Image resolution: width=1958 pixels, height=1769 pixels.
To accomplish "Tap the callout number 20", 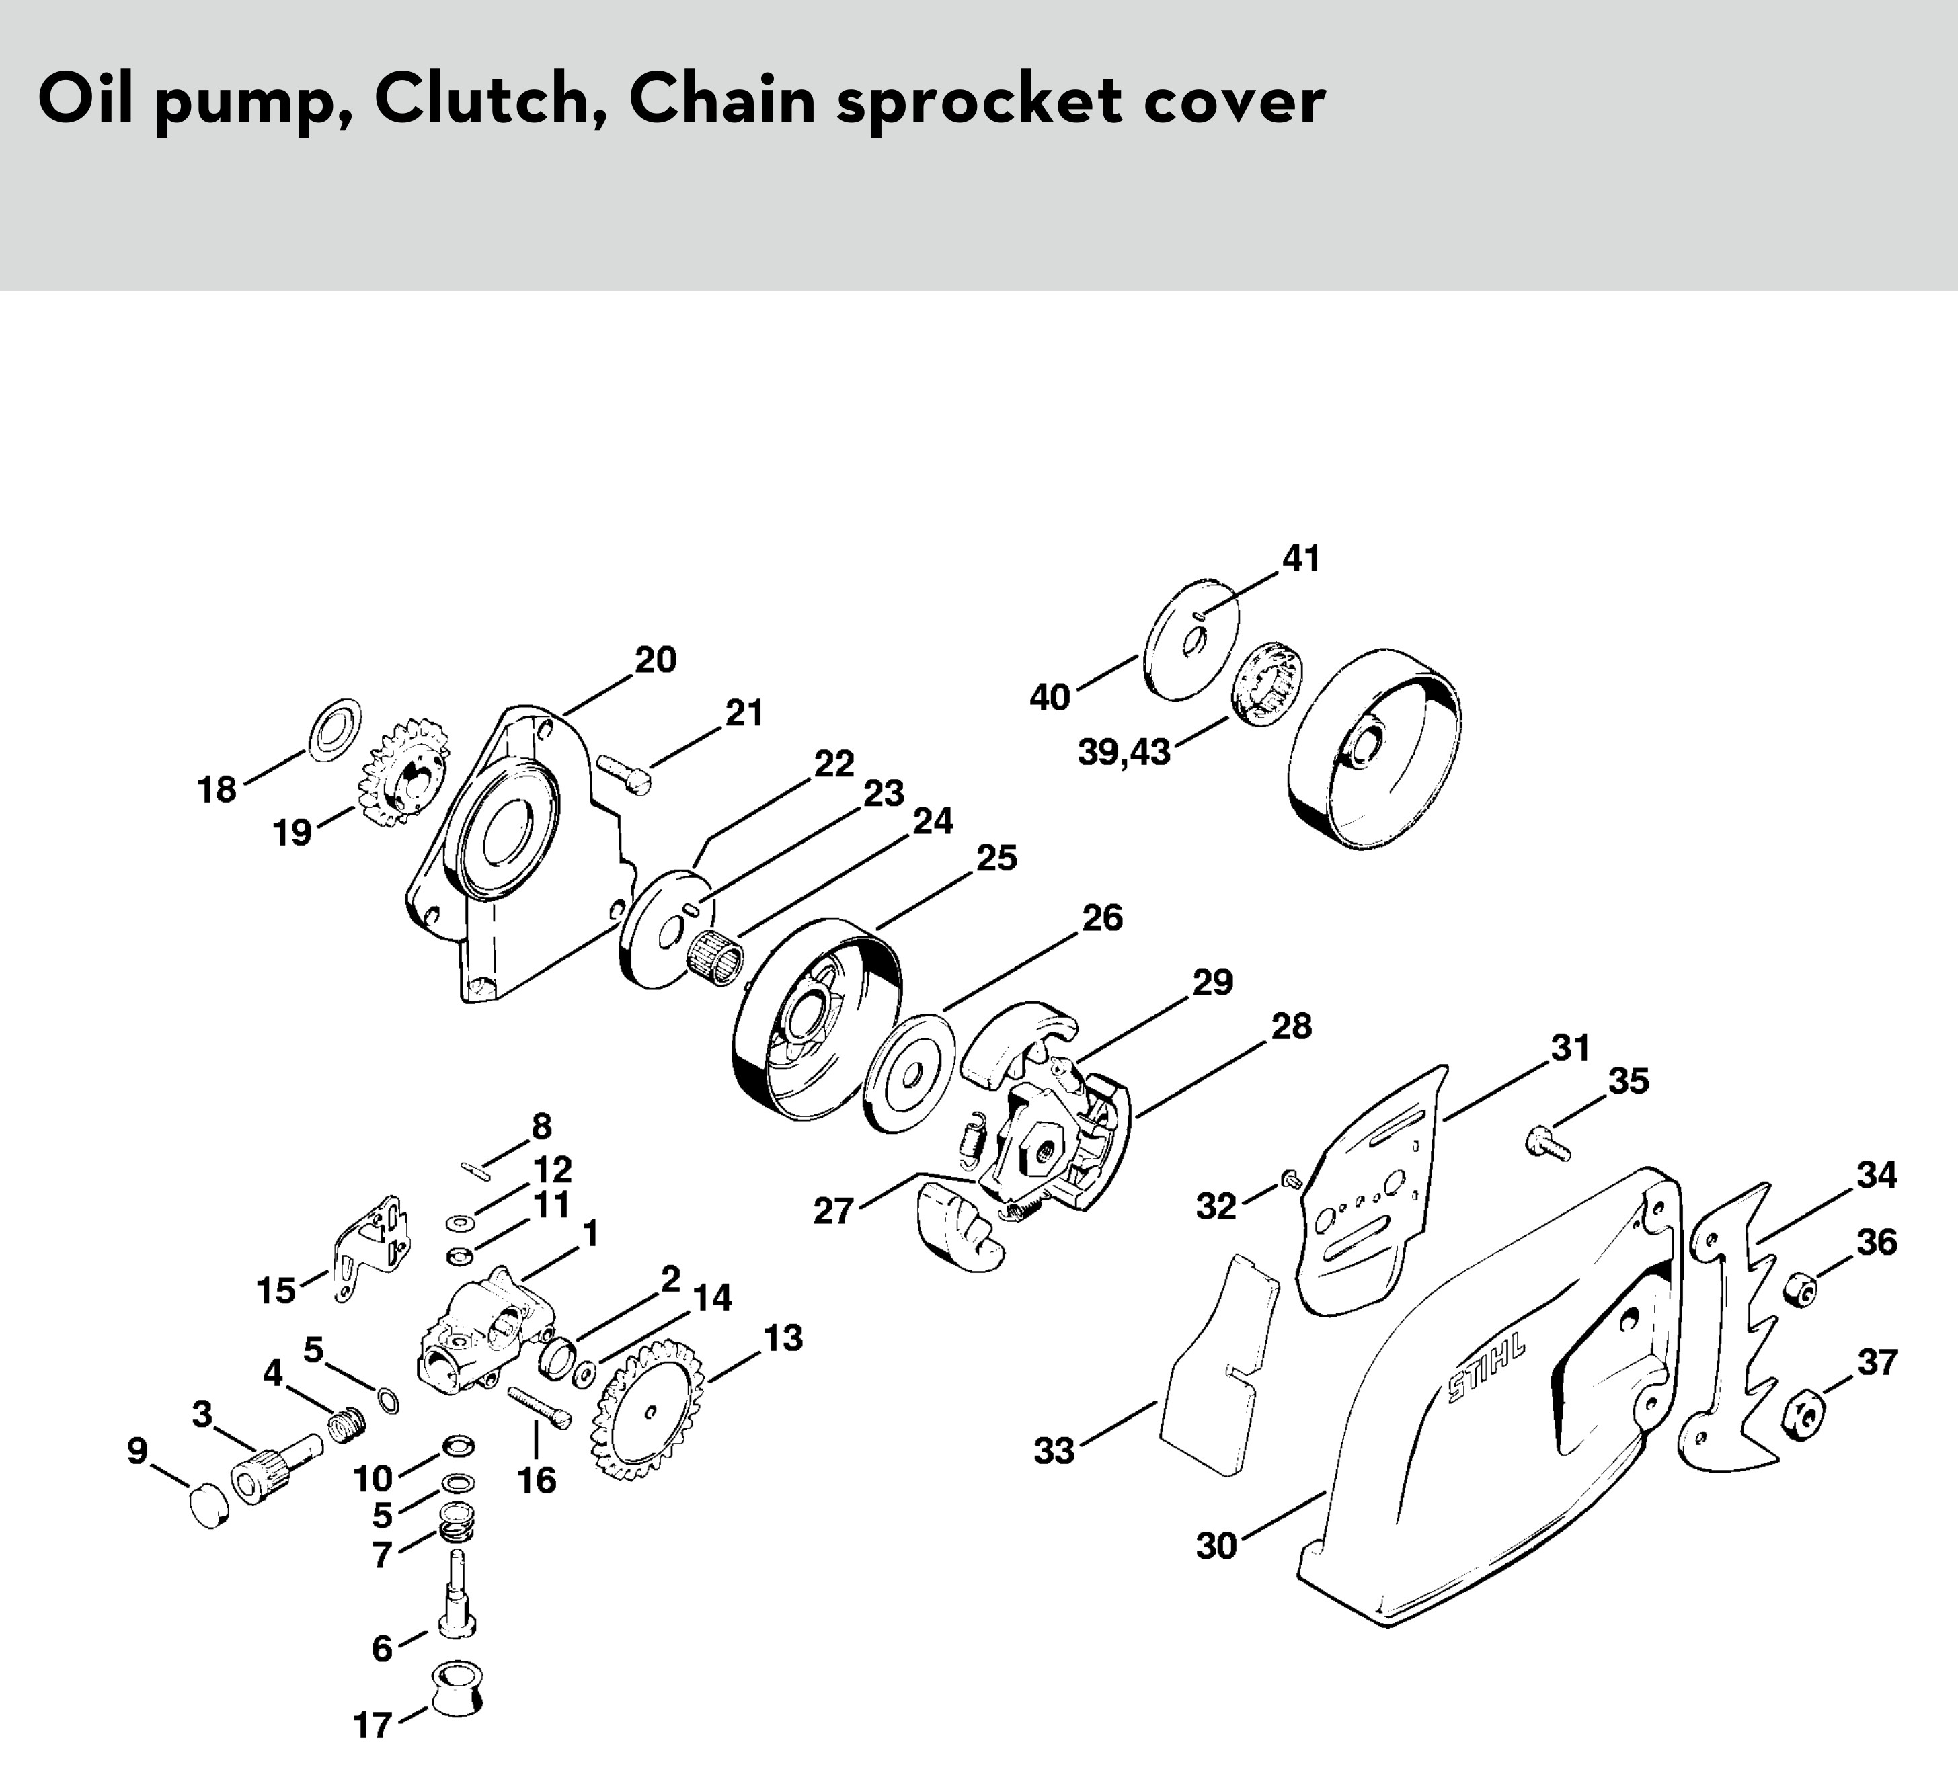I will coord(656,660).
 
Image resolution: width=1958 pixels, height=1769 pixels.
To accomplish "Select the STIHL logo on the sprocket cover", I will coord(1486,1373).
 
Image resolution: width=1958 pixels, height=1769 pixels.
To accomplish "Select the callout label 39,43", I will coord(1124,753).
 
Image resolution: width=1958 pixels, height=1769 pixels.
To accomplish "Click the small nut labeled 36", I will coord(1800,1288).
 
